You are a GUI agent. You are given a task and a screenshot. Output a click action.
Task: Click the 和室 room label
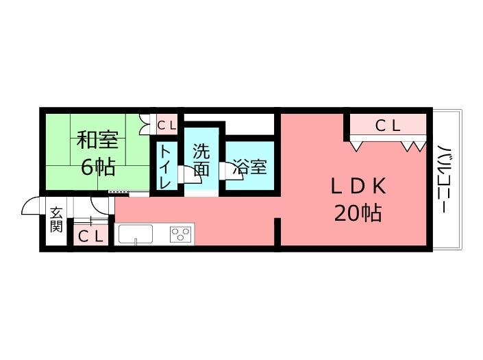97,140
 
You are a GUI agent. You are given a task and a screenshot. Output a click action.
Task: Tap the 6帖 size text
97,166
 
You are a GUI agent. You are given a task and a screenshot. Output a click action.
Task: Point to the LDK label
359,186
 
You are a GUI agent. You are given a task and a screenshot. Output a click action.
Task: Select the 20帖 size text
358,213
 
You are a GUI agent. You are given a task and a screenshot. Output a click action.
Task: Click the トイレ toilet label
166,167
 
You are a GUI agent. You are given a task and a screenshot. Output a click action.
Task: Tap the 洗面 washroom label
201,159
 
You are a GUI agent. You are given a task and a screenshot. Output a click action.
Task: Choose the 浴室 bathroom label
249,166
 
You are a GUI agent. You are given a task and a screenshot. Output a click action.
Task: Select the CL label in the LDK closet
388,125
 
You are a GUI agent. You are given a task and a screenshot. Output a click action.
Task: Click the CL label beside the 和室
166,125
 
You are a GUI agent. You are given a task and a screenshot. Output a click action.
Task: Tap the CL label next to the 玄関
90,237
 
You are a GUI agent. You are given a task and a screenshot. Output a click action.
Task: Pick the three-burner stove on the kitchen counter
181,234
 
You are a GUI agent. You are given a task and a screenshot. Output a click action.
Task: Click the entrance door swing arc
30,205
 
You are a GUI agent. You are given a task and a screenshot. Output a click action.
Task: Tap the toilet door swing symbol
185,176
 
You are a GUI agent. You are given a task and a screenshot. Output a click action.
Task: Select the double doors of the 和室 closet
144,125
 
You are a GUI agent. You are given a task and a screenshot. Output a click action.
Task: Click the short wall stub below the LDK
277,232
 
